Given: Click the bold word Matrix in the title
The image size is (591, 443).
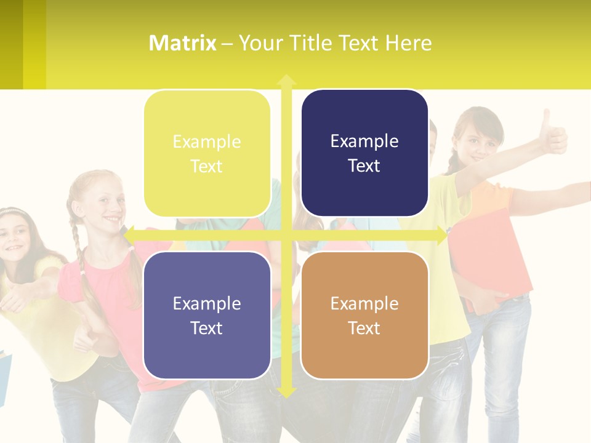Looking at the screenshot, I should click(183, 43).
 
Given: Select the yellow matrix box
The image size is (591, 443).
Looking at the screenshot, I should click(207, 154).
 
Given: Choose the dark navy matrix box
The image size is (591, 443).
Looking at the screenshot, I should click(364, 153).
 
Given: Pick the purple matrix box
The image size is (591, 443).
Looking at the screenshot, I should click(207, 315).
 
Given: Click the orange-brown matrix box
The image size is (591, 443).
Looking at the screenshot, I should click(364, 315).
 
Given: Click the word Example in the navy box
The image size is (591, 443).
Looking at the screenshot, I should click(364, 142).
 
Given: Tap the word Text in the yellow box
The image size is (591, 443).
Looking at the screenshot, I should click(206, 167).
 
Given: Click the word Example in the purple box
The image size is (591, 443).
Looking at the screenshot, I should click(207, 303).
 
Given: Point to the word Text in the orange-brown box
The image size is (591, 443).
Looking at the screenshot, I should click(364, 329).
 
